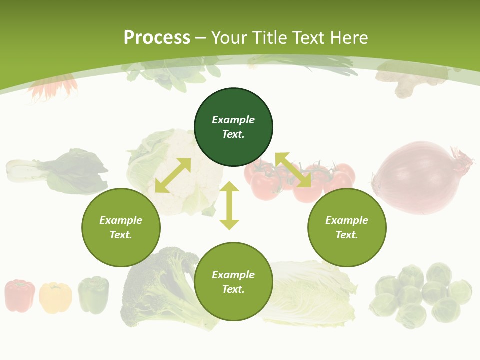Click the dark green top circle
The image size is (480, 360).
tap(233, 127)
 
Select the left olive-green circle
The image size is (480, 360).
tap(121, 227)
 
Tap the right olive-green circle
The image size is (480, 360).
tap(347, 227)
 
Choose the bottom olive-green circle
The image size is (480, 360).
tap(233, 282)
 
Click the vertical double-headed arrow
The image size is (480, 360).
tap(229, 205)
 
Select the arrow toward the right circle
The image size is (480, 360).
tap(293, 170)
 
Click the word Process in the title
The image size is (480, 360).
tap(157, 37)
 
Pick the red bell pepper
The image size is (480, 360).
tap(20, 296)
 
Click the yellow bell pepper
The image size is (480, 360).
tap(55, 297)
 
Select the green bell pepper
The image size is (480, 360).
tap(93, 295)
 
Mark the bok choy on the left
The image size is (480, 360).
tap(60, 171)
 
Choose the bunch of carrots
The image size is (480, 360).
tap(52, 86)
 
